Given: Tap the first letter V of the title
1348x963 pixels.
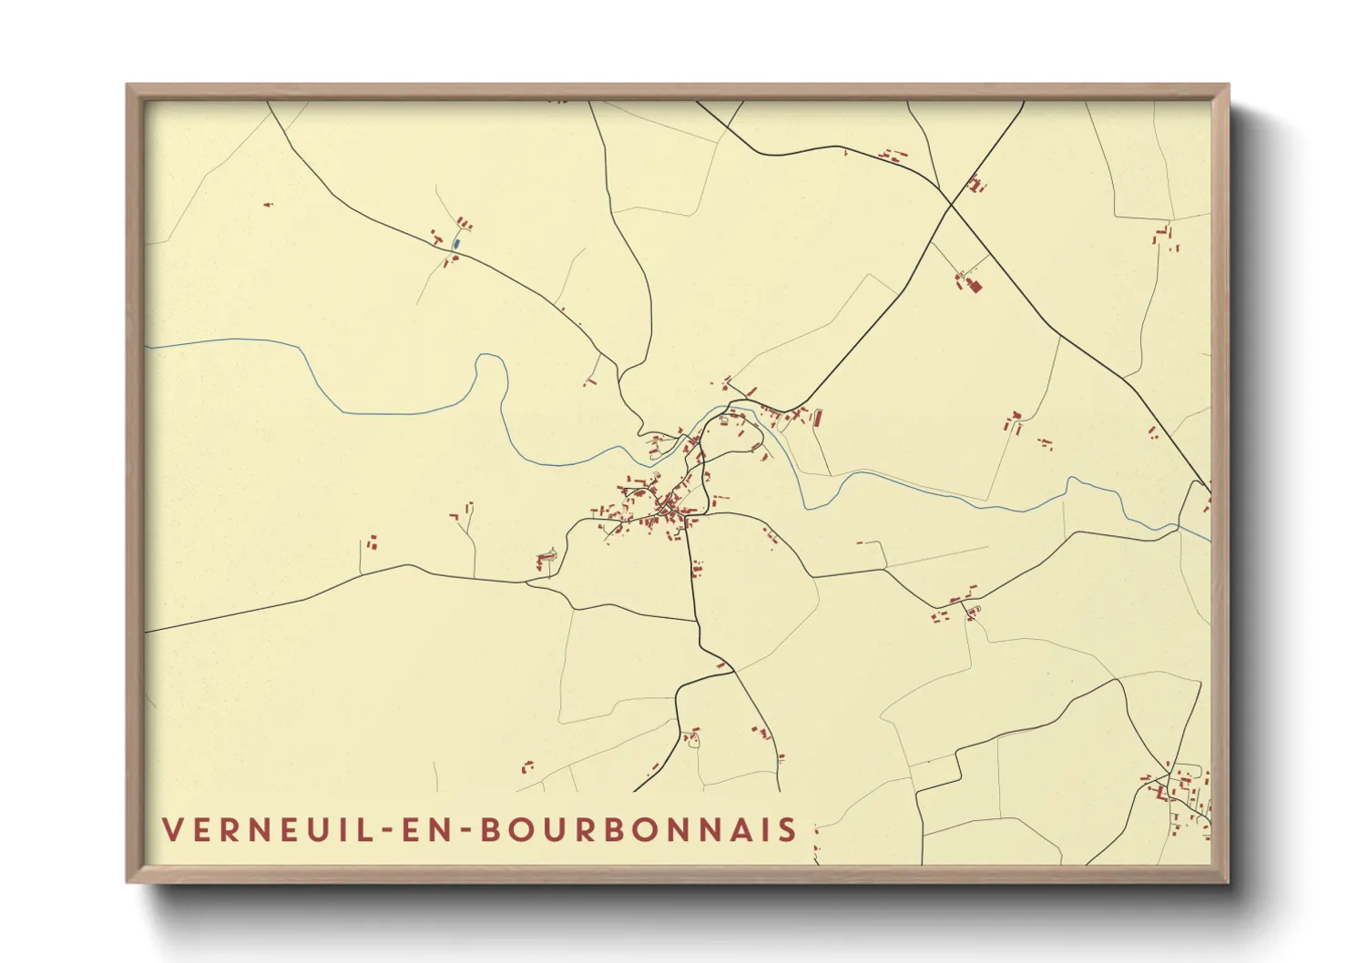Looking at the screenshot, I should [x=171, y=830].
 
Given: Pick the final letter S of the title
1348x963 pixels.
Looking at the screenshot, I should [x=788, y=830].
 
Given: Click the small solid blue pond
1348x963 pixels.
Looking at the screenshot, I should [x=455, y=243].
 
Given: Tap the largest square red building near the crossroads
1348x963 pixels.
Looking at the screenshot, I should [x=974, y=287].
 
